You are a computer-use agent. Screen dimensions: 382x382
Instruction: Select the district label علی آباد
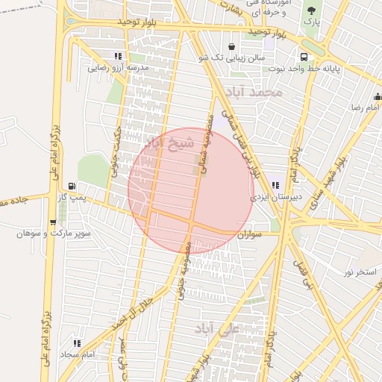pyautogui.click(x=217, y=327)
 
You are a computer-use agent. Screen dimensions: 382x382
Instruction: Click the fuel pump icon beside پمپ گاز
pyautogui.click(x=72, y=186)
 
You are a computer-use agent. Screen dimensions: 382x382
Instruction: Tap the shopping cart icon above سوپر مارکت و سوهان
pyautogui.click(x=52, y=222)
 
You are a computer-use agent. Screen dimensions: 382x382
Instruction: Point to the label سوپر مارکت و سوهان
pyautogui.click(x=54, y=234)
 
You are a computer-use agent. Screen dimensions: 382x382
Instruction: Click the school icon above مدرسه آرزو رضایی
pyautogui.click(x=118, y=56)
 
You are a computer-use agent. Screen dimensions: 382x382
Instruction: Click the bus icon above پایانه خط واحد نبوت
pyautogui.click(x=304, y=57)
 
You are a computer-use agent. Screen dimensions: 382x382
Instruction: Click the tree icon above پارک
pyautogui.click(x=311, y=10)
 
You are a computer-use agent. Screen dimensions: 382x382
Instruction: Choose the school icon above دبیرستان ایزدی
pyautogui.click(x=275, y=185)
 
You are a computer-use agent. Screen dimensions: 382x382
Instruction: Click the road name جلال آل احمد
pyautogui.click(x=143, y=310)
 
